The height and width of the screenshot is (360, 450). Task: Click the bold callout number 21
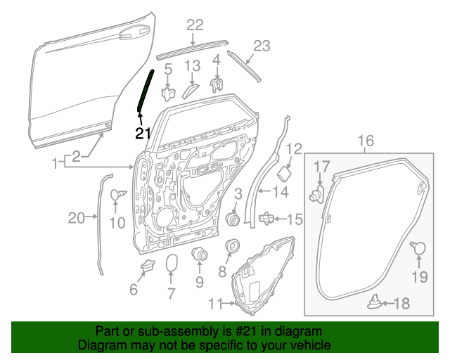(143, 132)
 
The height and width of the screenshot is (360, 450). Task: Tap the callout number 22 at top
(195, 25)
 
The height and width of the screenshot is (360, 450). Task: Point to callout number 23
(261, 46)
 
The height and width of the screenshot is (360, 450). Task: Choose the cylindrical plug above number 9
(199, 254)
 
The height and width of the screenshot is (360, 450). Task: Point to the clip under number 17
(317, 193)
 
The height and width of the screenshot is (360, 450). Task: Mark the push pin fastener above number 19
(418, 247)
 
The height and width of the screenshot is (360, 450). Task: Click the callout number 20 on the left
(76, 219)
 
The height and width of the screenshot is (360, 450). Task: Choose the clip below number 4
(217, 85)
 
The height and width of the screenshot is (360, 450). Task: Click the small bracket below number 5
(168, 92)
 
